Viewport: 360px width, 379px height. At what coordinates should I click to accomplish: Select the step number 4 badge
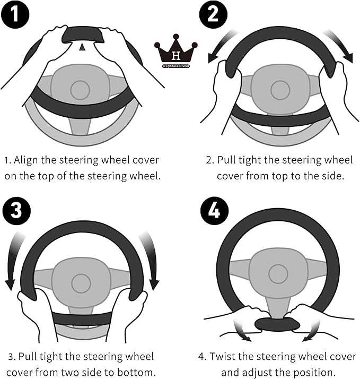[213, 211]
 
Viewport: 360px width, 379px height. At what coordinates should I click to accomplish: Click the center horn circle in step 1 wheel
[80, 90]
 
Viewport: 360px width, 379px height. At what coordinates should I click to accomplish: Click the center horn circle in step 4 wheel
[278, 273]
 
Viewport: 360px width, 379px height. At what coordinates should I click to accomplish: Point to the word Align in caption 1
[25, 160]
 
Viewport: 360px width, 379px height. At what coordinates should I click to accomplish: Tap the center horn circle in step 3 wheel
[81, 283]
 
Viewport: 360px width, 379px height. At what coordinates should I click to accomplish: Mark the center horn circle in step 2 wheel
[280, 90]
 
